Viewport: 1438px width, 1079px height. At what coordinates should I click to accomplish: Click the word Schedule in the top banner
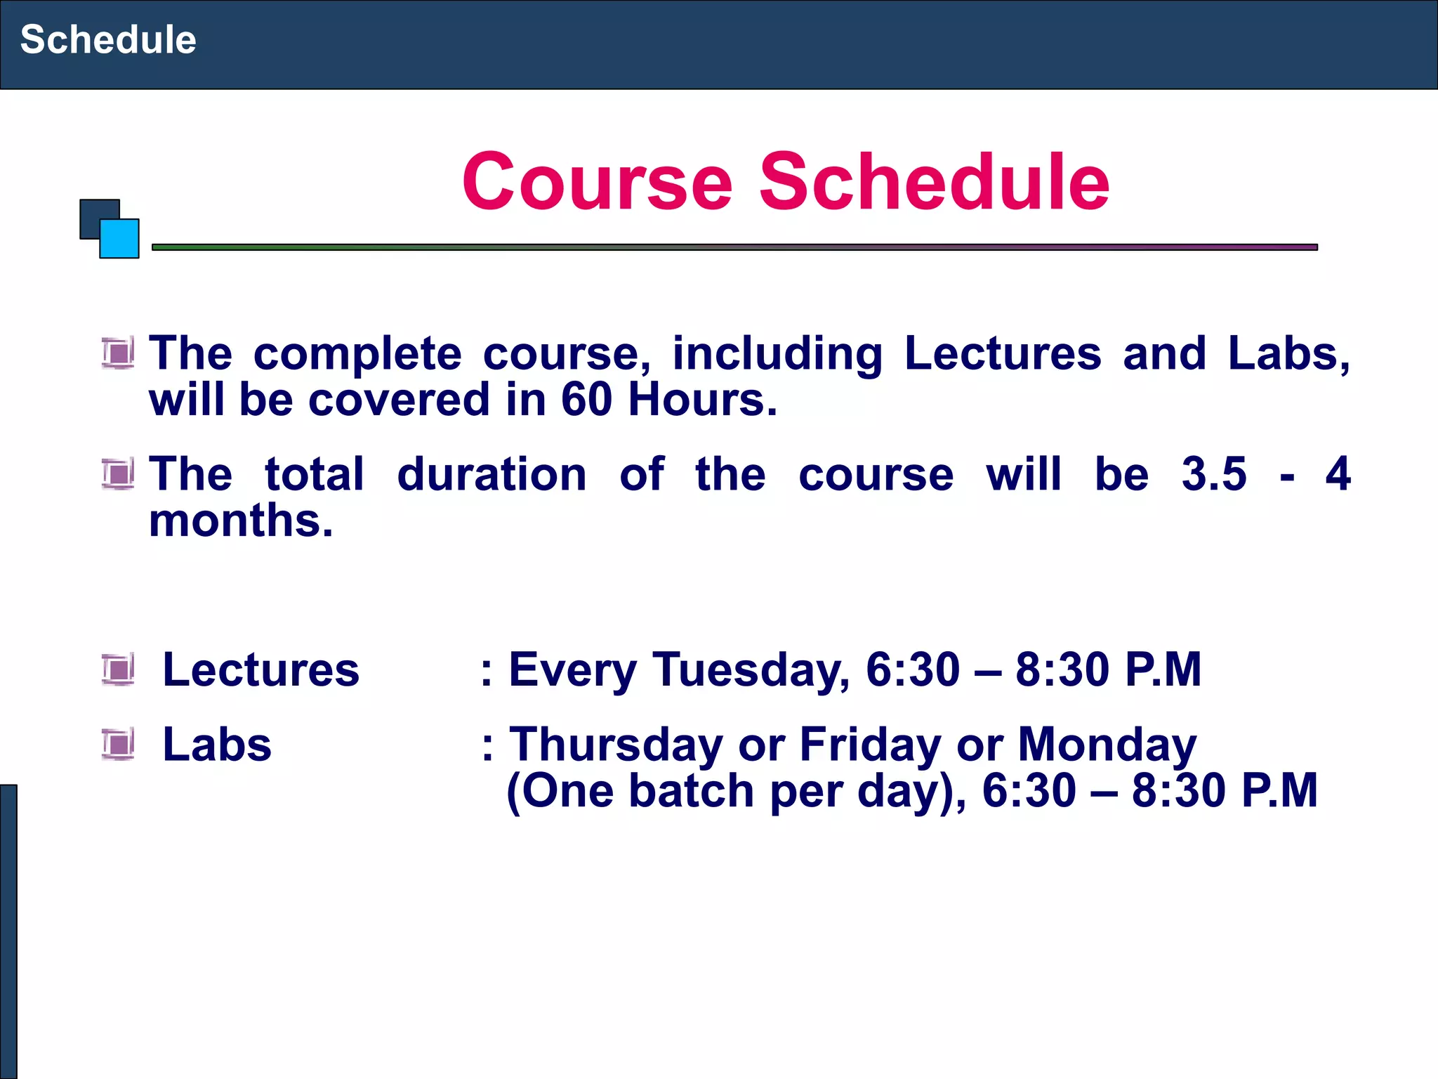108,39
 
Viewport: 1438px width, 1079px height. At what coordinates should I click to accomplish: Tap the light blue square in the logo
120,240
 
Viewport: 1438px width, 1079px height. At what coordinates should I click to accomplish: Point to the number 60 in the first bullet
586,400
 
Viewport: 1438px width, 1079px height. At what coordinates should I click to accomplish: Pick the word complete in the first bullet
357,353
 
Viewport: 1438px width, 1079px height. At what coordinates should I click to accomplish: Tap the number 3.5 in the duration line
1214,474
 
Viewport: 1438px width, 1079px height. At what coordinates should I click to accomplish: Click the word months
241,521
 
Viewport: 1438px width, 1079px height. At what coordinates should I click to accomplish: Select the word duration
492,474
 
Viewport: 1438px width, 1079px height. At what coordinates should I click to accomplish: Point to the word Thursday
616,745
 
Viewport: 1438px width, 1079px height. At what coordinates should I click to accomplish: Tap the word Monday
1107,745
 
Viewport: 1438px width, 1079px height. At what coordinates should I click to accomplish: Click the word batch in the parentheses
692,791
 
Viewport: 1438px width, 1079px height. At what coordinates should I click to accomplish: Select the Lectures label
261,669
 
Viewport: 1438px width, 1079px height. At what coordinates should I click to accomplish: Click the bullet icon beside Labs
118,745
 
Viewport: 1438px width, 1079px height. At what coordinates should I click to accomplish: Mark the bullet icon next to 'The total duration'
118,474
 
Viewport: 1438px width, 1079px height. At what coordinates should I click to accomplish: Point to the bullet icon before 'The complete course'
118,353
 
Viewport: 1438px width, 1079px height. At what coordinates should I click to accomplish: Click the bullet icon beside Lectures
118,669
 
